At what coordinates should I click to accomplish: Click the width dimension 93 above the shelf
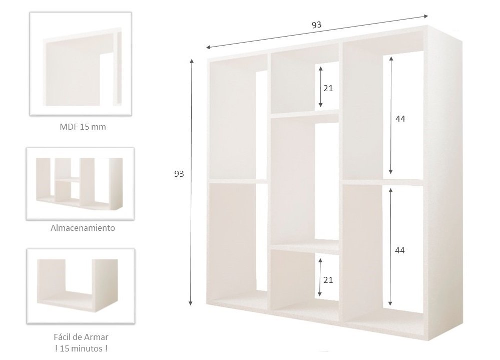coord(316,25)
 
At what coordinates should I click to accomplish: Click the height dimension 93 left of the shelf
coord(179,174)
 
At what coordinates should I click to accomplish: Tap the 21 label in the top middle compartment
coord(328,88)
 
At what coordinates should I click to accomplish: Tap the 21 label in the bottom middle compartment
coord(328,280)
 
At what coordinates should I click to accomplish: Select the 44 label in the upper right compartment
coord(400,119)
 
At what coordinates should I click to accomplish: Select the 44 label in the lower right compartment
coord(400,251)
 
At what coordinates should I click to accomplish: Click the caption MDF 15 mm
coord(83,127)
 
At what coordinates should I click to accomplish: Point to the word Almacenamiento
coord(83,228)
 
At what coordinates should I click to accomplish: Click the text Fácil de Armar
coord(81,337)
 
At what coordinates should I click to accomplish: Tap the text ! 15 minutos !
coord(81,348)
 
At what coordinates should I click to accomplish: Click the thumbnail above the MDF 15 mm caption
coord(81,64)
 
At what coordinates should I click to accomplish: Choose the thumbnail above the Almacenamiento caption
coord(80,184)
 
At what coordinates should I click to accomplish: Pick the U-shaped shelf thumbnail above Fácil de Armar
coord(81,286)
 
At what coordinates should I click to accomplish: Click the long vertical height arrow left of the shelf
coord(191,182)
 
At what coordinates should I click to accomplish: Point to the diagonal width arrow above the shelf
coord(317,32)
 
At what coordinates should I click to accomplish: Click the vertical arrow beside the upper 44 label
coord(390,115)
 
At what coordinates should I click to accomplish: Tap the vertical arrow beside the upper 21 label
coord(320,87)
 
